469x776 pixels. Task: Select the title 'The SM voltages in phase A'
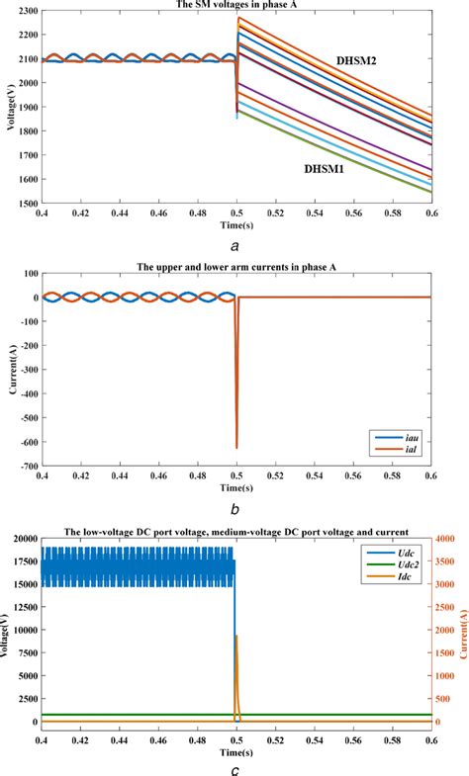[x=235, y=4]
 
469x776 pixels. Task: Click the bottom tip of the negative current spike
[x=235, y=448]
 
